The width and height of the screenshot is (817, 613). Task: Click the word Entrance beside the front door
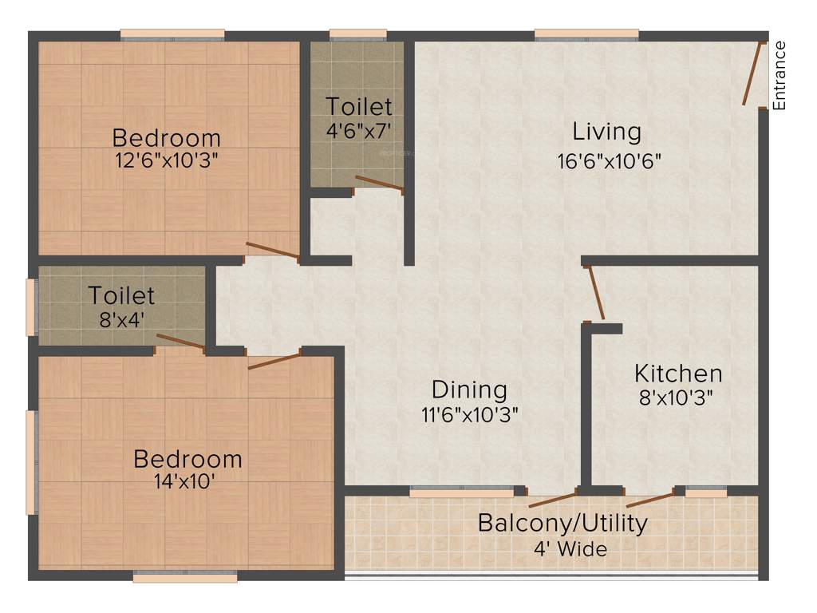pyautogui.click(x=780, y=75)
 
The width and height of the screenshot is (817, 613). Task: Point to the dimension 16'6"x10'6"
pyautogui.click(x=610, y=159)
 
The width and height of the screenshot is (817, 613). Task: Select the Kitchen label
pyautogui.click(x=678, y=373)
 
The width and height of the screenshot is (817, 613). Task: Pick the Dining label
pyautogui.click(x=469, y=390)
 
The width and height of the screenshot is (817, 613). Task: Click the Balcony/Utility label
pyautogui.click(x=562, y=524)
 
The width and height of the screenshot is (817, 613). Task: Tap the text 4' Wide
pyautogui.click(x=570, y=549)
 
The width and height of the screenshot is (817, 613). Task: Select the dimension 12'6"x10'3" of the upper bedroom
pyautogui.click(x=166, y=160)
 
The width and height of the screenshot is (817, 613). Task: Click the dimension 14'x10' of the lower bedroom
pyautogui.click(x=187, y=482)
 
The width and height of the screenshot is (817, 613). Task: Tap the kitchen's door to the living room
pyautogui.click(x=595, y=292)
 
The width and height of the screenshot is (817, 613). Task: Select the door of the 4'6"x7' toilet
pyautogui.click(x=379, y=184)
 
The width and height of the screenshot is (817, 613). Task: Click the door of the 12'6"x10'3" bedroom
pyautogui.click(x=273, y=251)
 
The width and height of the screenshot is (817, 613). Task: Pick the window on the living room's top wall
pyautogui.click(x=586, y=34)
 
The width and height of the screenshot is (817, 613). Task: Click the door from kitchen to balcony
pyautogui.click(x=649, y=500)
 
